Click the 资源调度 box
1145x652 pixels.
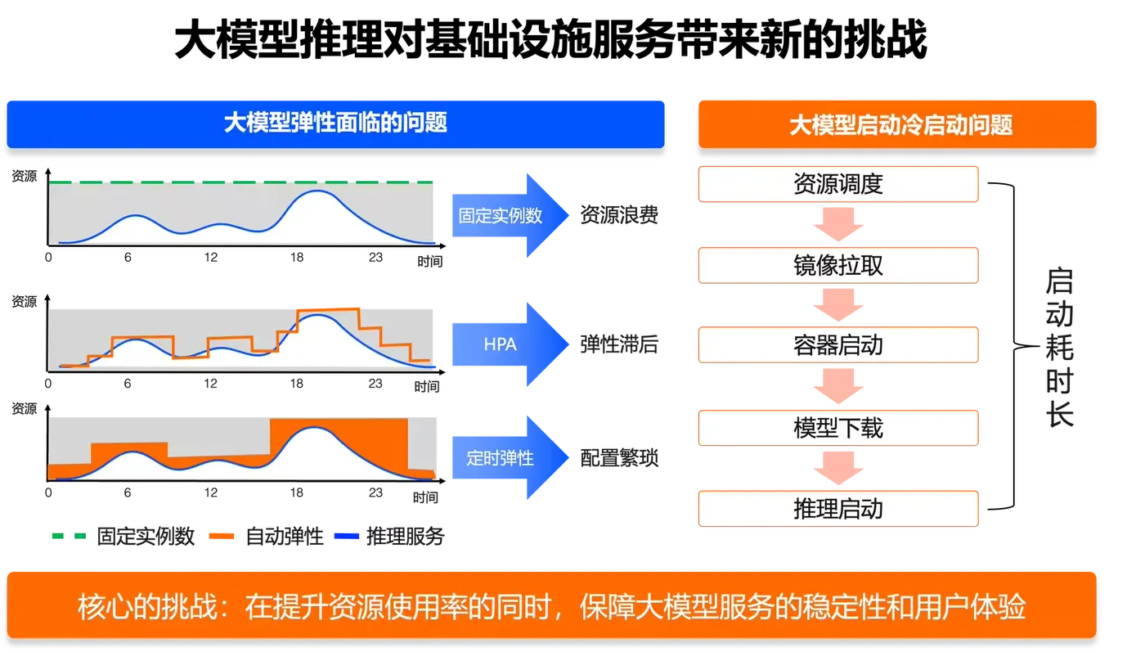click(x=838, y=184)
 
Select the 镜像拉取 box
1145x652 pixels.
click(x=838, y=265)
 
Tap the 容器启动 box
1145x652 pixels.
click(x=838, y=344)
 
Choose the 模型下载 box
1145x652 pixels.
click(x=838, y=428)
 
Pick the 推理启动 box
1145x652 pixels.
click(x=838, y=509)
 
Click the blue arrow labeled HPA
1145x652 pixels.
click(x=510, y=344)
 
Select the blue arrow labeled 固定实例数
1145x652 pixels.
click(x=510, y=215)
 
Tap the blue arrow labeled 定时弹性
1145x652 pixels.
click(x=510, y=457)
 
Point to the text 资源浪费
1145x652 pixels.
click(x=619, y=215)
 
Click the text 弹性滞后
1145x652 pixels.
click(x=619, y=344)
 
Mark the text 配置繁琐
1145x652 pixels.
click(x=619, y=457)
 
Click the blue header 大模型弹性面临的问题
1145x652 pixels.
click(x=335, y=124)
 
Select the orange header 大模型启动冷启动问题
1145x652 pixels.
click(x=897, y=124)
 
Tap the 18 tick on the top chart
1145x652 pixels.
click(x=297, y=257)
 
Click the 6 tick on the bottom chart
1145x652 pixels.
click(x=128, y=492)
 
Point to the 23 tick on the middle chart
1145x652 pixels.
click(x=375, y=384)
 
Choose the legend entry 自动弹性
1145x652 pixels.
click(x=267, y=537)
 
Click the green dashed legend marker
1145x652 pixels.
click(x=69, y=536)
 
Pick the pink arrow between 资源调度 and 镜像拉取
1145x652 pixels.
click(x=838, y=224)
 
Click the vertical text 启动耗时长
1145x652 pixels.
click(x=1059, y=347)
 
